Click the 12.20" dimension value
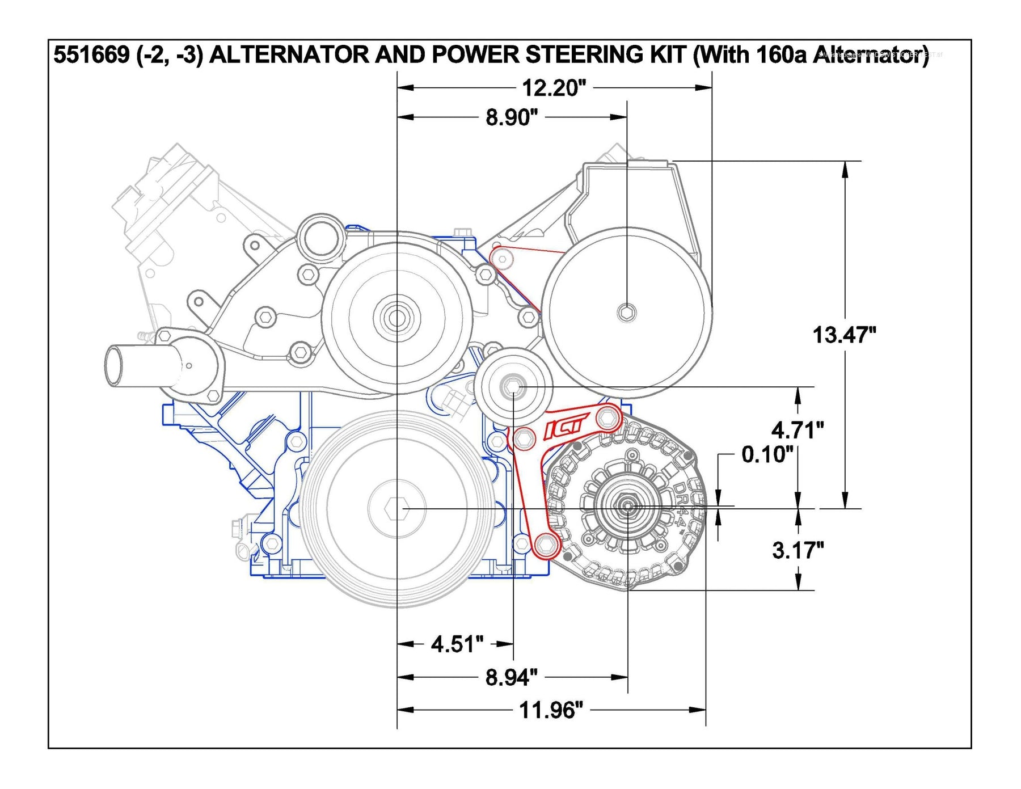[x=553, y=88]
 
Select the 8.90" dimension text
[x=511, y=117]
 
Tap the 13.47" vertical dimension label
[x=844, y=335]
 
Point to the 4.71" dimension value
[x=797, y=430]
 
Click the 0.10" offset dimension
[x=766, y=454]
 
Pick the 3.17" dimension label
[x=798, y=550]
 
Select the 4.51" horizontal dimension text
[x=457, y=644]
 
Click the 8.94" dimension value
[x=511, y=677]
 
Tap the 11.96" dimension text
[x=551, y=710]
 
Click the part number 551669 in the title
[x=91, y=55]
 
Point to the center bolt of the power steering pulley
[x=626, y=312]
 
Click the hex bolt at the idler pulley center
[x=512, y=387]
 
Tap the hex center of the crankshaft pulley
[x=396, y=509]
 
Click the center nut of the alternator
[x=627, y=505]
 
